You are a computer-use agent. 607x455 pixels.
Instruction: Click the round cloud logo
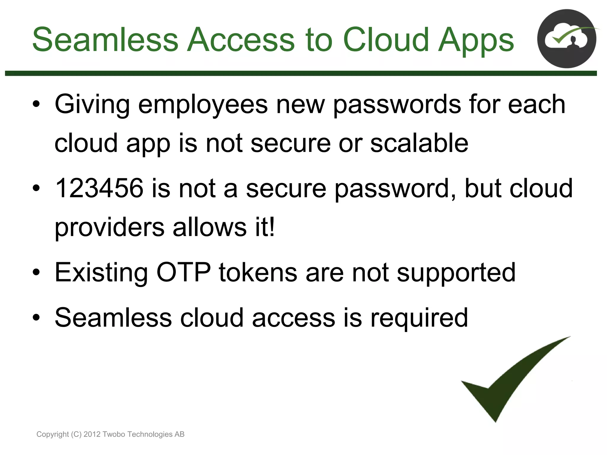[567, 39]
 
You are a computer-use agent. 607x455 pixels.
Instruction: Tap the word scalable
[419, 143]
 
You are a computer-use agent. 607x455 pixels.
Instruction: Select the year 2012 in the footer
[92, 434]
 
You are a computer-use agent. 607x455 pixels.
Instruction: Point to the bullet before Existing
[36, 273]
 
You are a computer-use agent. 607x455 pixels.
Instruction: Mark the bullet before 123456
[36, 188]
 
